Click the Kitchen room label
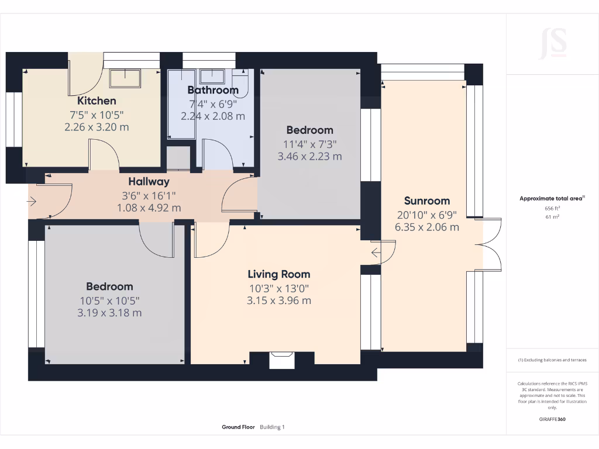(x=97, y=101)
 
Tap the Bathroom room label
(x=213, y=90)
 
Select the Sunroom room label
(x=426, y=201)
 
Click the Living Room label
(x=278, y=274)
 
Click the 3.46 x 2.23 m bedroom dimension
(x=309, y=156)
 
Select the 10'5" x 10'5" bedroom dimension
(x=110, y=301)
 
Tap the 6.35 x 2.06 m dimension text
(x=426, y=227)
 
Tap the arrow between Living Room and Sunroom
(x=376, y=253)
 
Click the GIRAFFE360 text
(x=552, y=419)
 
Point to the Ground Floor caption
(x=238, y=427)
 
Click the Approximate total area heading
(x=550, y=199)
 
